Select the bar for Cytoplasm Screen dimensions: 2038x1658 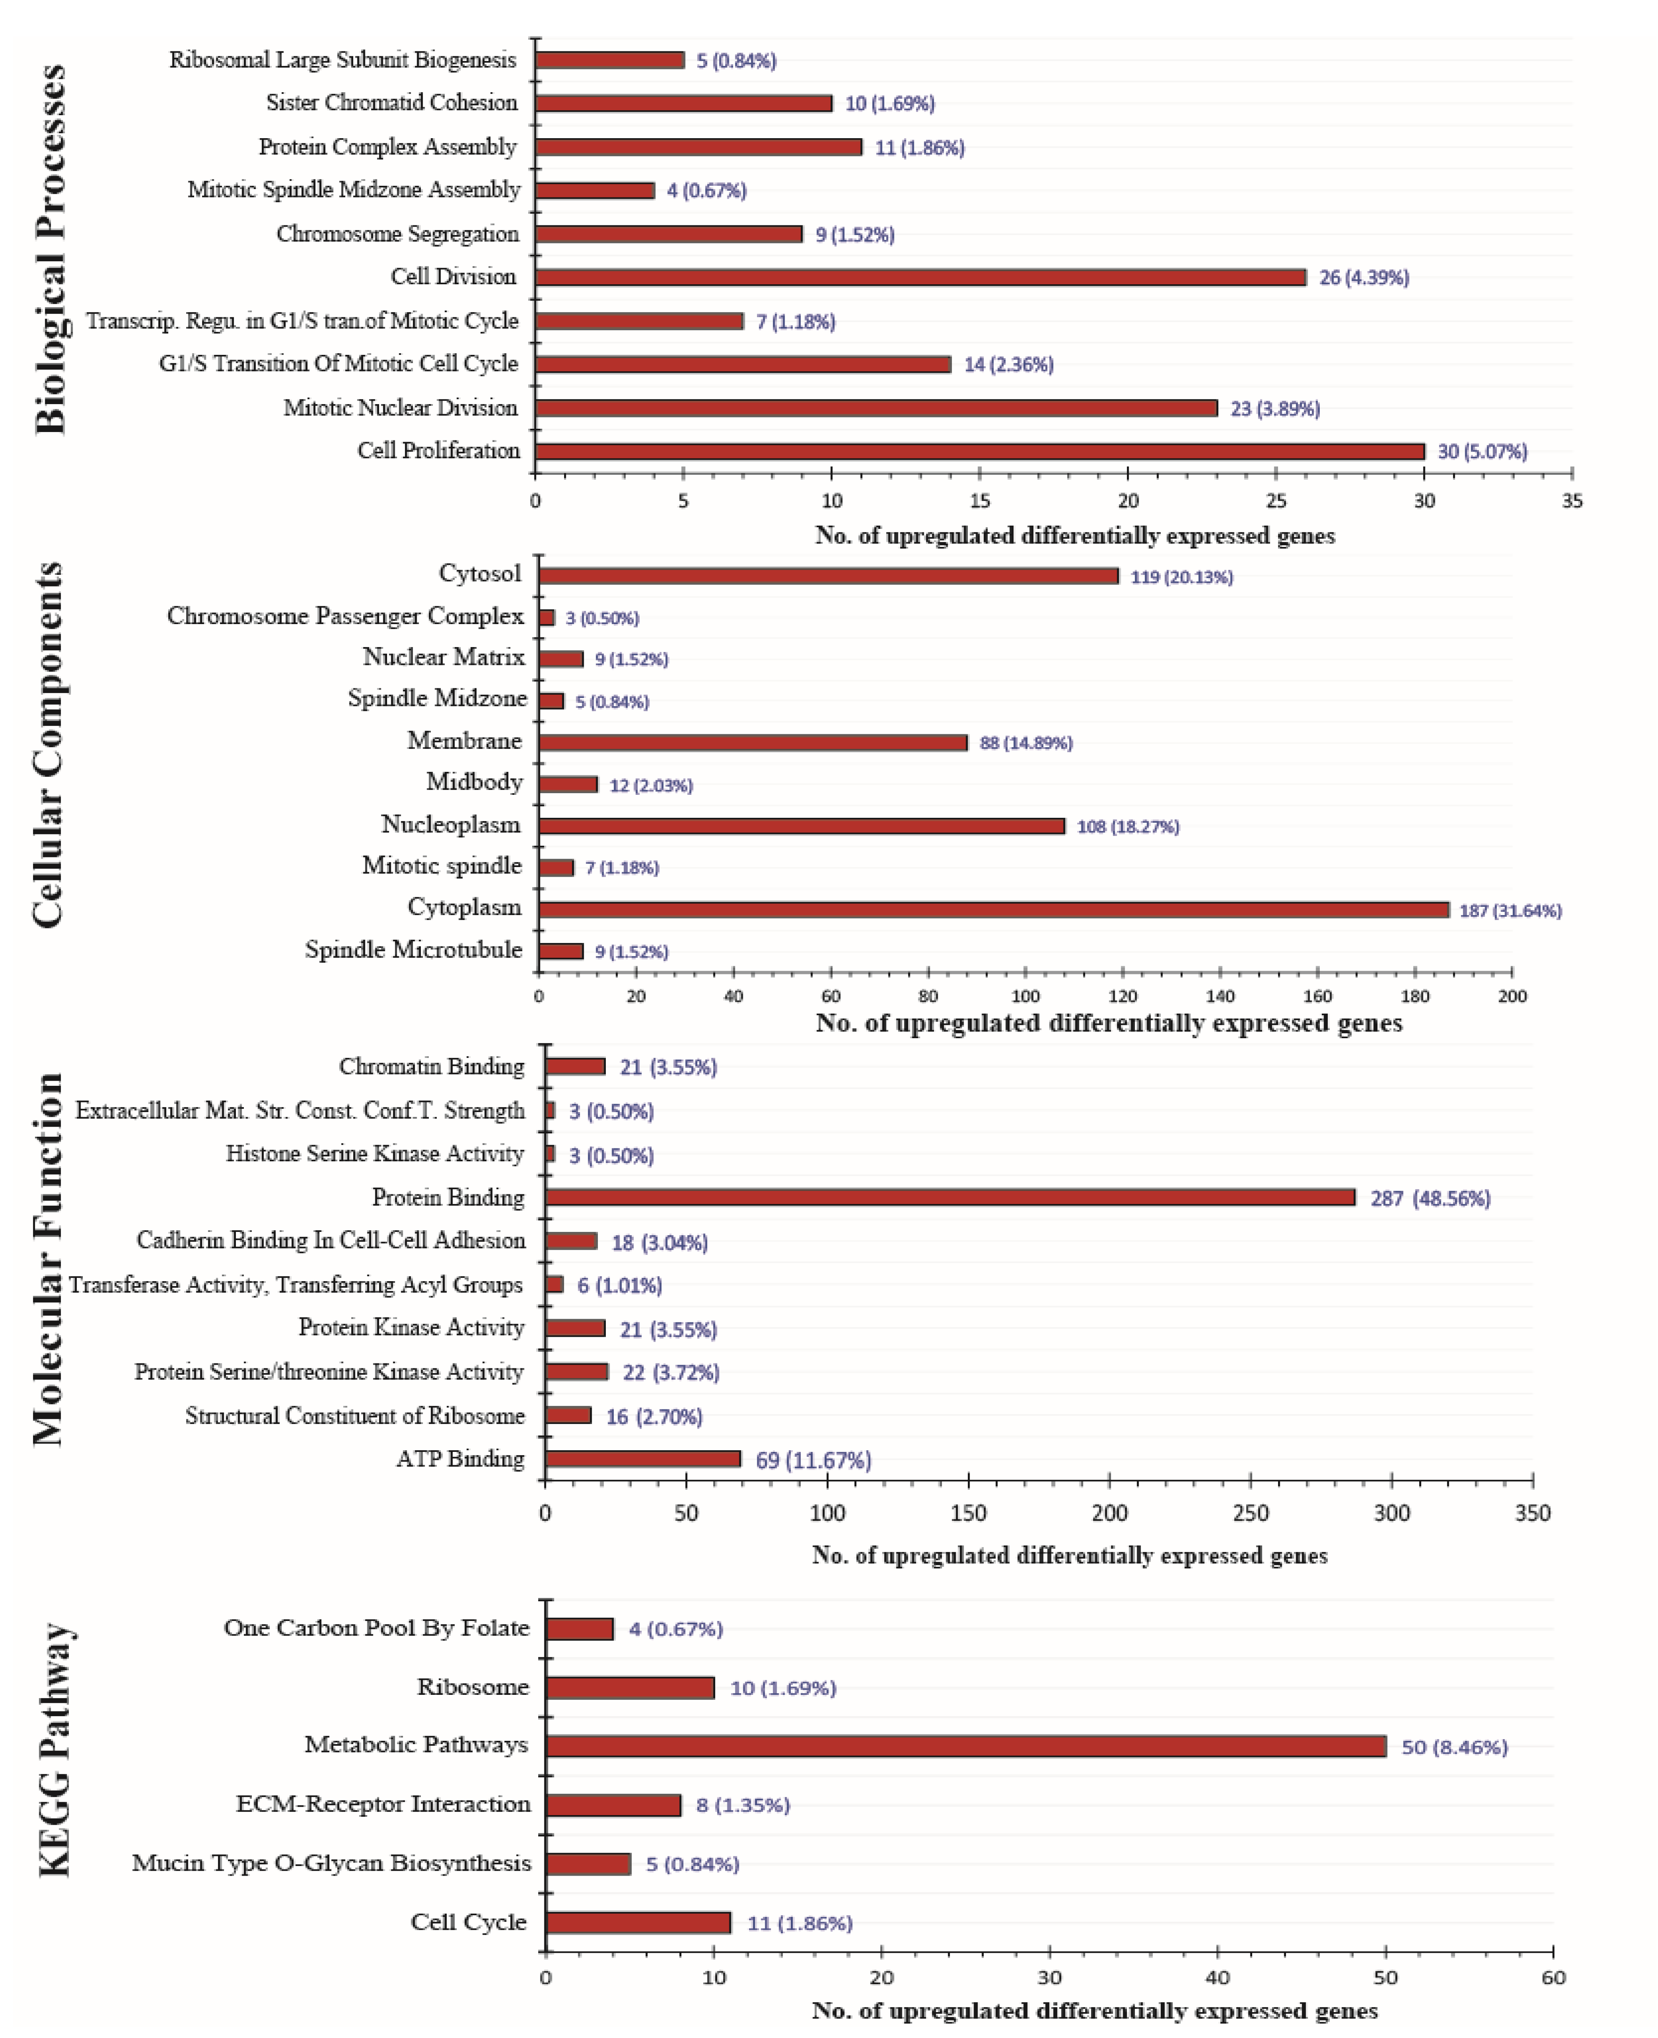[993, 909]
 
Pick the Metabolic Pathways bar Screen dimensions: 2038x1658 [966, 1746]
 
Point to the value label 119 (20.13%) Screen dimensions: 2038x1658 [1182, 577]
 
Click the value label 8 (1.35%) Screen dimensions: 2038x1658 [742, 1805]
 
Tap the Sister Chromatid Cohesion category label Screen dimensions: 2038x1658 [392, 102]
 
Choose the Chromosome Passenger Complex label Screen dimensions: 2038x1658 [345, 616]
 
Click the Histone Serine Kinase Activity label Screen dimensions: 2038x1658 [375, 1154]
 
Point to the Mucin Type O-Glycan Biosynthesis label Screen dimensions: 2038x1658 [330, 1863]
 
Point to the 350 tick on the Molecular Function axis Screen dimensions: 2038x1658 [1532, 1513]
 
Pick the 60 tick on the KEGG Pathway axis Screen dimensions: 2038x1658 [1553, 1978]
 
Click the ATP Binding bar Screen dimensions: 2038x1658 [643, 1458]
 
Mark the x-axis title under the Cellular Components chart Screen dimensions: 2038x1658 [1108, 1024]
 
